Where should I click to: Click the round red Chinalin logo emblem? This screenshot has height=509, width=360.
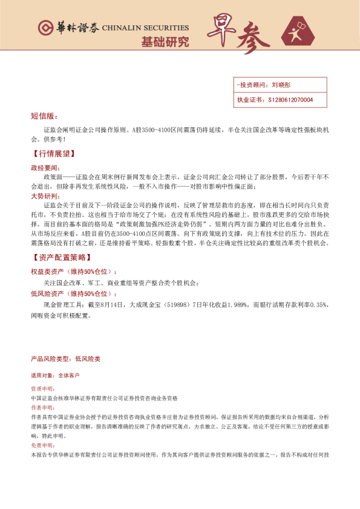(x=44, y=28)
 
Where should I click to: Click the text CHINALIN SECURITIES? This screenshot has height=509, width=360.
(x=145, y=28)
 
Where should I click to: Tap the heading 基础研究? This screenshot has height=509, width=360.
(x=165, y=42)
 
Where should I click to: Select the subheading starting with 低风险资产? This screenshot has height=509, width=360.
(x=74, y=293)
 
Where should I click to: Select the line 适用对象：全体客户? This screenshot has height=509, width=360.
(x=55, y=375)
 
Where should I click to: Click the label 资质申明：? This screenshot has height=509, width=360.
(x=42, y=389)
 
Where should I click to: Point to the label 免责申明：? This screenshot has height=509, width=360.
(x=42, y=445)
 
